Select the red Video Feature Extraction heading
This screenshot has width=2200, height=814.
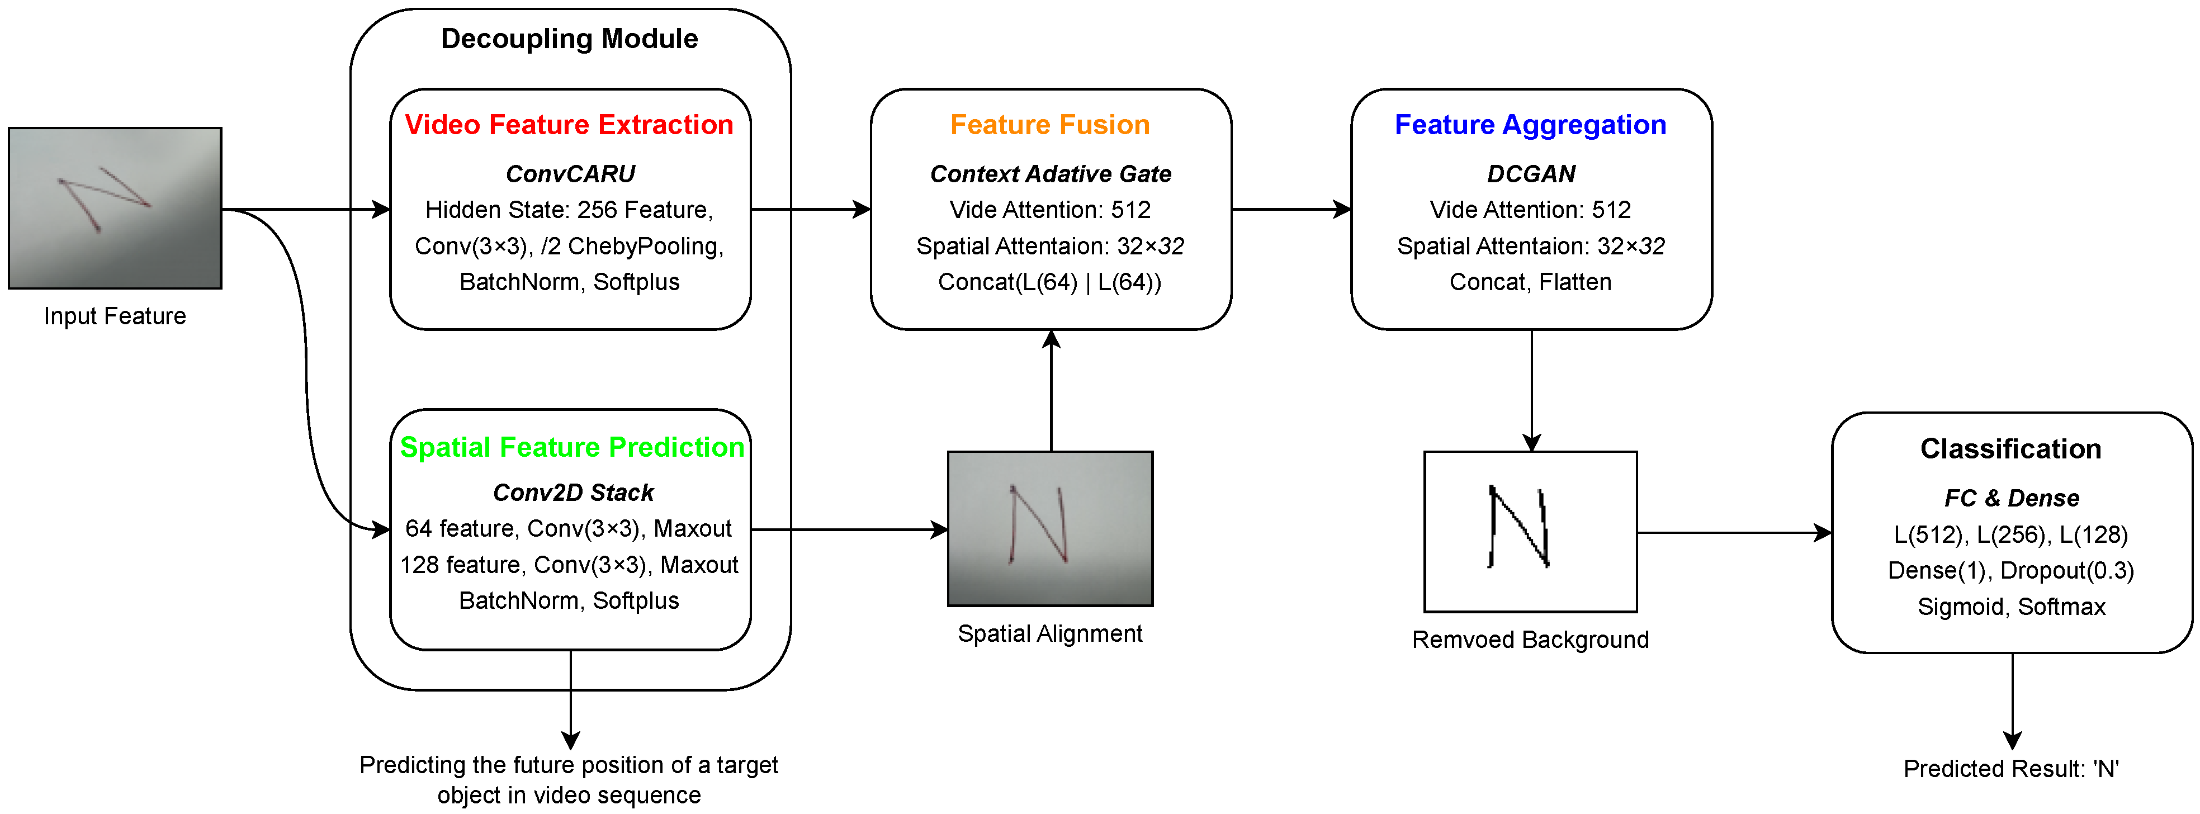(569, 125)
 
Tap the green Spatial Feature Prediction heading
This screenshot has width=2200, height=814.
(572, 448)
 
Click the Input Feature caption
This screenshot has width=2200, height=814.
(115, 316)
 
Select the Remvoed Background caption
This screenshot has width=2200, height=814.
(1530, 640)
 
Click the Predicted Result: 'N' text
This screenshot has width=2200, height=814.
(2011, 769)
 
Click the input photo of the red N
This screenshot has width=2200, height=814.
(115, 209)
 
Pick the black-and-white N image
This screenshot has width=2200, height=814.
(1530, 531)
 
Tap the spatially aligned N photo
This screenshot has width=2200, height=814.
(1051, 529)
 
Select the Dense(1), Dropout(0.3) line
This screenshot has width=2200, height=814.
(2011, 571)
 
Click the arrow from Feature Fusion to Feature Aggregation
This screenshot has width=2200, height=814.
(1291, 209)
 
